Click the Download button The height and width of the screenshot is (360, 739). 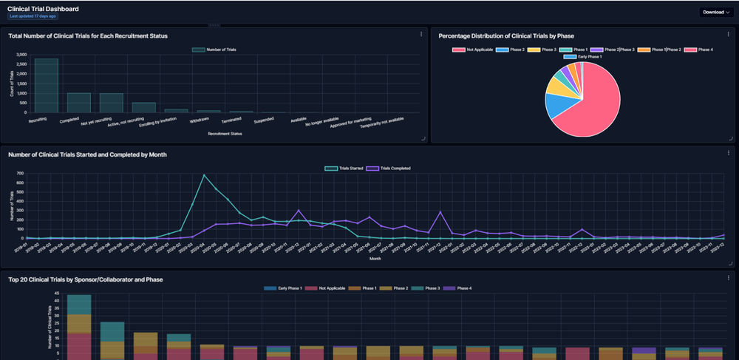pyautogui.click(x=715, y=12)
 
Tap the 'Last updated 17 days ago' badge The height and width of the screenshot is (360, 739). pyautogui.click(x=32, y=16)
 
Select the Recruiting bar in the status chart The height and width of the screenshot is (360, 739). pyautogui.click(x=46, y=85)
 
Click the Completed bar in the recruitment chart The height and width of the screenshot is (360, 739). pyautogui.click(x=78, y=102)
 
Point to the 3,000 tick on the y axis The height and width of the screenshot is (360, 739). pyautogui.click(x=22, y=55)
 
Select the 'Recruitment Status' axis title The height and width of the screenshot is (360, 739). pyautogui.click(x=225, y=134)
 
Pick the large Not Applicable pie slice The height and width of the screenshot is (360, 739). pyautogui.click(x=591, y=103)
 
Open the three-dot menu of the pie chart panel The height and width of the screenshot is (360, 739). pyautogui.click(x=728, y=34)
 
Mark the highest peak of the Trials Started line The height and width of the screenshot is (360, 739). pyautogui.click(x=204, y=175)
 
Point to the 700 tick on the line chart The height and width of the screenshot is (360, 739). pyautogui.click(x=20, y=174)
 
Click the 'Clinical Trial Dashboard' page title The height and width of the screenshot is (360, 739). pyautogui.click(x=43, y=8)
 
